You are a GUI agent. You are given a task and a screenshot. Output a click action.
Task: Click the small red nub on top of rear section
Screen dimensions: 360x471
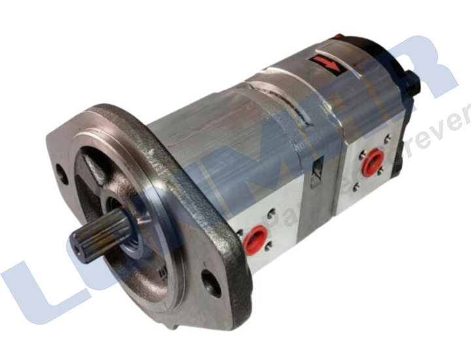click(337, 37)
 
